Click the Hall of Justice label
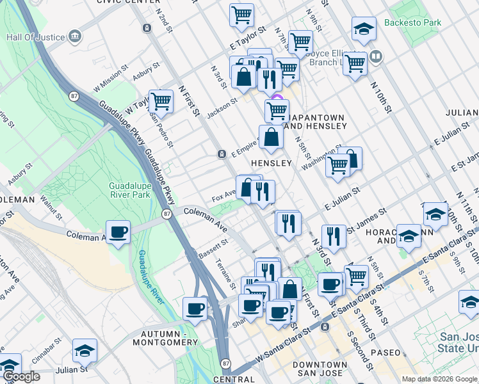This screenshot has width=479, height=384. (x=35, y=37)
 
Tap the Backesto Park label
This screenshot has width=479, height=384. (x=413, y=23)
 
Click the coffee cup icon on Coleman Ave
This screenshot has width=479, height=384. (x=118, y=232)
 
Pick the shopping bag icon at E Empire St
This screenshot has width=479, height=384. (x=271, y=138)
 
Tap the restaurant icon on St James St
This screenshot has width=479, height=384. (x=334, y=236)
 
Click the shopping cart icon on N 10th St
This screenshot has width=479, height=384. (x=354, y=63)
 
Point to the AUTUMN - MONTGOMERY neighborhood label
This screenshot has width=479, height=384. (x=166, y=338)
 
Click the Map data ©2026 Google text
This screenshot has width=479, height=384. (x=439, y=379)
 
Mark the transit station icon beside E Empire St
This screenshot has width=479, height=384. (x=221, y=154)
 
